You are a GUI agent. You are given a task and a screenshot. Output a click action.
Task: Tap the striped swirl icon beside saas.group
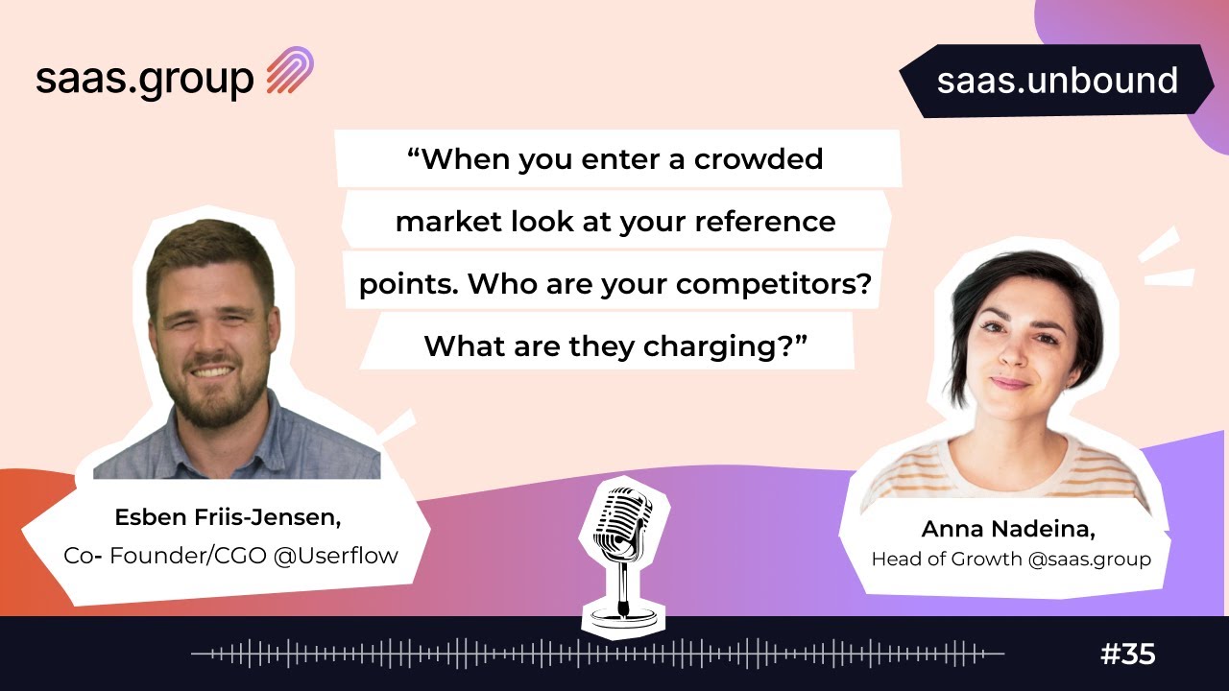[290, 72]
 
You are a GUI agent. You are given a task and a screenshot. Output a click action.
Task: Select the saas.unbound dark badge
[1056, 81]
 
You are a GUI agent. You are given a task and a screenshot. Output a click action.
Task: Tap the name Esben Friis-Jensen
[228, 517]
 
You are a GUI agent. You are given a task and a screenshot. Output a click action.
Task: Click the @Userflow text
[335, 555]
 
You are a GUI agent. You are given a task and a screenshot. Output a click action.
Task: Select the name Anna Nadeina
[1009, 529]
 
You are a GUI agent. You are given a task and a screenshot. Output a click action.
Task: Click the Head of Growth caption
[947, 559]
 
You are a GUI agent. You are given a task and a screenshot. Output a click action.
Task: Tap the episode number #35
[1127, 655]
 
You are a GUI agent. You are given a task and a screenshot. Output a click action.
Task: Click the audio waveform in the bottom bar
[595, 655]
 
